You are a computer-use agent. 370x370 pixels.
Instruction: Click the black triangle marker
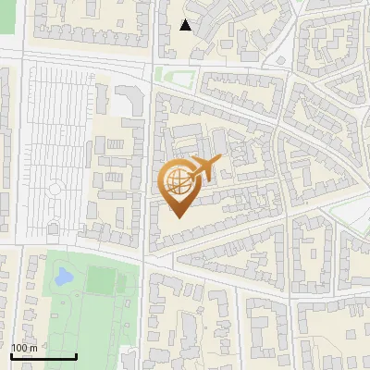tap(186, 25)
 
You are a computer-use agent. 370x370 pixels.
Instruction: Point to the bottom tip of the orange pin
tap(178, 218)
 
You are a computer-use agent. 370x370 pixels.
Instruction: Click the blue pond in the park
tap(63, 276)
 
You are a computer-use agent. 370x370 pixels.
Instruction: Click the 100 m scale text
tap(24, 348)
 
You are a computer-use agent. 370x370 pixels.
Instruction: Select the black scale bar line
tap(43, 356)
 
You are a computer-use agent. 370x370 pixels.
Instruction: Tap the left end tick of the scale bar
tap(11, 354)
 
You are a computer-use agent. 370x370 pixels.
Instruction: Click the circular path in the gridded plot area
tap(55, 189)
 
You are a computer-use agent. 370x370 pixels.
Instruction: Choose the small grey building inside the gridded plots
tap(53, 226)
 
